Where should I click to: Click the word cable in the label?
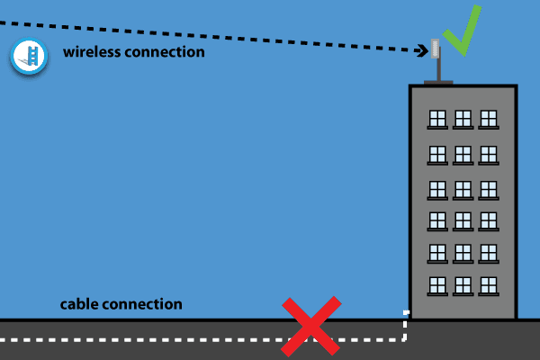(79, 304)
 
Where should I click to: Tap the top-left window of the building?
(437, 119)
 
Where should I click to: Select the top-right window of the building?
(488, 119)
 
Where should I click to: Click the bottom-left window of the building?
(437, 284)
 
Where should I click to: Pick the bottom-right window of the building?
(488, 284)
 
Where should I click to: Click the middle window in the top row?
(463, 119)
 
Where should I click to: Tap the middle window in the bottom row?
(463, 284)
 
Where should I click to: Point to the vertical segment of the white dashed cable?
(406, 326)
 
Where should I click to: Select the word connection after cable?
(142, 304)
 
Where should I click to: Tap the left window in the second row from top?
(437, 153)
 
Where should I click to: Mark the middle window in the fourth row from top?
(463, 220)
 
